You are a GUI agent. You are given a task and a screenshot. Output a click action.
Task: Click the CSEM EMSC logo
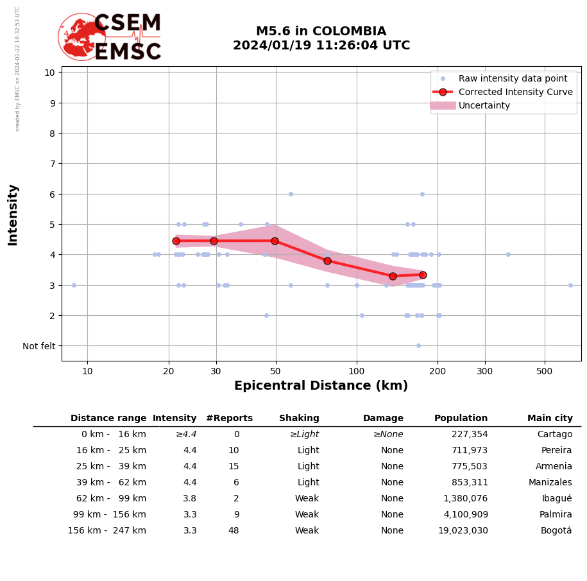point(110,37)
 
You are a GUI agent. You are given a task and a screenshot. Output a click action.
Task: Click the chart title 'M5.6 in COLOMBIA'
point(321,31)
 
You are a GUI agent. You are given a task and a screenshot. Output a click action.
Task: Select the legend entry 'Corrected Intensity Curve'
point(515,92)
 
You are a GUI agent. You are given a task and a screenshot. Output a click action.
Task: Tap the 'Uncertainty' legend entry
point(484,105)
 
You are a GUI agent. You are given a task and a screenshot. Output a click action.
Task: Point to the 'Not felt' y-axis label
point(39,346)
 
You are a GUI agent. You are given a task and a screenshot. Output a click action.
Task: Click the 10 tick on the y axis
point(49,72)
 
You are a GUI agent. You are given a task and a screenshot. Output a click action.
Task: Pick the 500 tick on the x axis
point(545,371)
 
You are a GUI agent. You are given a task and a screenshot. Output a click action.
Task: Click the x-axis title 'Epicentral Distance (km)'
point(321,386)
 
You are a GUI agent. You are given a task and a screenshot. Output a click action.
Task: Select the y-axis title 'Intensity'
point(13,214)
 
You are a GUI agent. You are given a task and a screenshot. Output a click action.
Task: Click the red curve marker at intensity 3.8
point(327,261)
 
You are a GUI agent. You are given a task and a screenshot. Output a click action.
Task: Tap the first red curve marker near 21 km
point(176,241)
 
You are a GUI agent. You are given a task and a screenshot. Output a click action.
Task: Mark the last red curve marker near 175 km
point(423,275)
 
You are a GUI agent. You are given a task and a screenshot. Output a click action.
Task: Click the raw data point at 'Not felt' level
point(418,345)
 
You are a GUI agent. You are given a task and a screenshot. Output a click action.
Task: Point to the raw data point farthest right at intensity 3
point(570,285)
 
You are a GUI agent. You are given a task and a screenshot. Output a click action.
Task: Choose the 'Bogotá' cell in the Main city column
point(556,531)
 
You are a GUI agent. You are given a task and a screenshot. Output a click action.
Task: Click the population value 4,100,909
point(463,515)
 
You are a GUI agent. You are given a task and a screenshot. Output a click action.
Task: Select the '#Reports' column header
point(229,419)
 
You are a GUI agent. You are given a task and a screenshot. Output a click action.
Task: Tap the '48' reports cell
point(234,531)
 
